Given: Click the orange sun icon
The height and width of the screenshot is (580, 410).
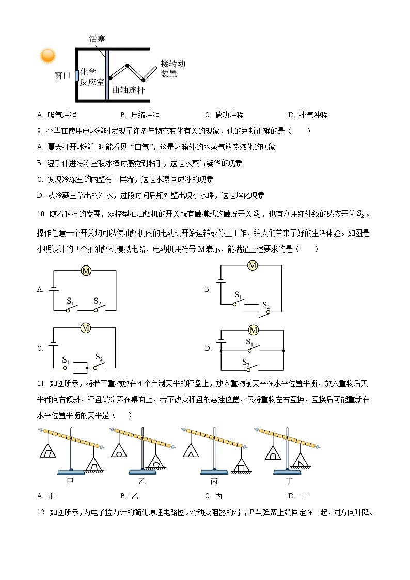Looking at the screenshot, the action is point(48,55).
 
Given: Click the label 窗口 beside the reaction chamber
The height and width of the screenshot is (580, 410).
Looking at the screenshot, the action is point(62,75).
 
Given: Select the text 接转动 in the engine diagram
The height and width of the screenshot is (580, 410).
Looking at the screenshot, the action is point(172,64).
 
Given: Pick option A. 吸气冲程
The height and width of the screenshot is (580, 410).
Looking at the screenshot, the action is point(57,115).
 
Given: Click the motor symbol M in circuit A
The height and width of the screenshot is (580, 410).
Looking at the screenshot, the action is point(86,271).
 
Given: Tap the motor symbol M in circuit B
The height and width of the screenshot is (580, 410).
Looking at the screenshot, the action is point(253,265).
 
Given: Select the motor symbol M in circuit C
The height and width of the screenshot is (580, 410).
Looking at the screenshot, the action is point(86,327).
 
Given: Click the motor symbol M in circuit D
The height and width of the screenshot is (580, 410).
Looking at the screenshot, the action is point(253,330).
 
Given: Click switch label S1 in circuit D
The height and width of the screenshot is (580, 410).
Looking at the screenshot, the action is point(249,342).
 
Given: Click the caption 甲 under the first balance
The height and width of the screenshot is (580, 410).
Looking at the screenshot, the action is point(70,481).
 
